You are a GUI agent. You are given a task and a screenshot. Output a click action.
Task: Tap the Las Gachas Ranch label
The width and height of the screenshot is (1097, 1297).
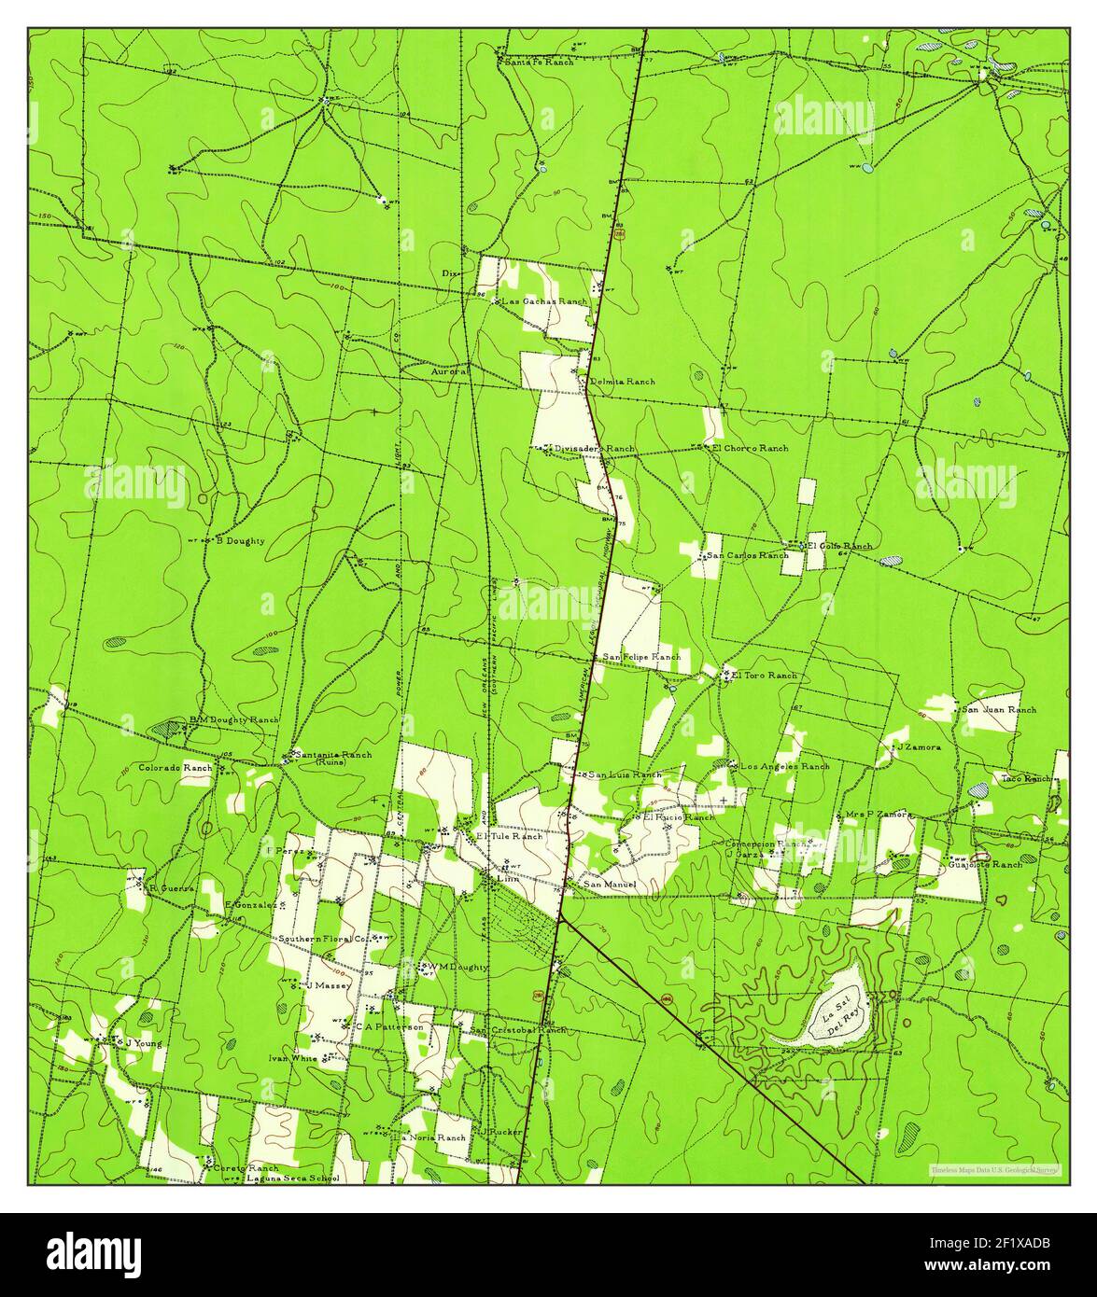545,301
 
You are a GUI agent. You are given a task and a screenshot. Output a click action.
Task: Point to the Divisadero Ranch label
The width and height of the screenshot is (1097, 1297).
595,449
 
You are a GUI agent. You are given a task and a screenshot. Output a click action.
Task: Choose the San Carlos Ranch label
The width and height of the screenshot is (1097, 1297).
747,555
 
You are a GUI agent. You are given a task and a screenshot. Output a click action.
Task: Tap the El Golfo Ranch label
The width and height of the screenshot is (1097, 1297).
839,546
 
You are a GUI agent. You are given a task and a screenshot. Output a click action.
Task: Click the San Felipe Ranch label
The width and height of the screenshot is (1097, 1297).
641,657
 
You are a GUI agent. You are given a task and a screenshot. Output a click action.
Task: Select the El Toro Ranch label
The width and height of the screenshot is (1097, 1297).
764,675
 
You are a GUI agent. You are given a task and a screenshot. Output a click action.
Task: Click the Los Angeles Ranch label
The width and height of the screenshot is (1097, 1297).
784,766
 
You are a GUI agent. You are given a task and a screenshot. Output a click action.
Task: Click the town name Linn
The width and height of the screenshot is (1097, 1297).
508,878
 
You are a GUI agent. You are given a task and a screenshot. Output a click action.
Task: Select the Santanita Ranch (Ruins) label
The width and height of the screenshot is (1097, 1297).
331,757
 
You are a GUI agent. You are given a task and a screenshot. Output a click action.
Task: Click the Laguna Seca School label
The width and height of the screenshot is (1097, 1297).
292,1178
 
